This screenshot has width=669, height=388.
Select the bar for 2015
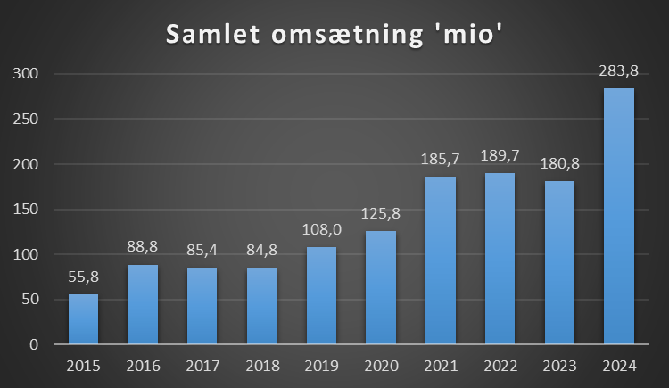[x=84, y=318]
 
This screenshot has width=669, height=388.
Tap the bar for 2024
[x=619, y=215]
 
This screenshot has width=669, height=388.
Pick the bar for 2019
[x=321, y=294]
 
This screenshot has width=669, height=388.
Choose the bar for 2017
[x=202, y=305]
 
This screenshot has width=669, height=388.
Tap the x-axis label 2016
[x=143, y=366]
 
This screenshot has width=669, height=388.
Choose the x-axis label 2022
[x=500, y=366]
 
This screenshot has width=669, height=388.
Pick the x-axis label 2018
[x=262, y=366]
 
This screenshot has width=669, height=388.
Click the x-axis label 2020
[x=381, y=366]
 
